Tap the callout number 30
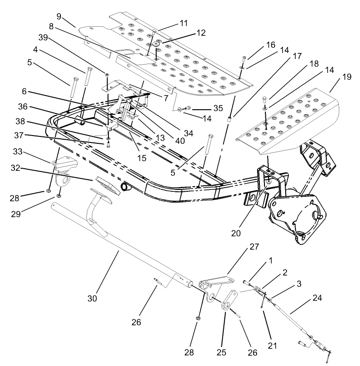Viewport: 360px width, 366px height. pyautogui.click(x=93, y=299)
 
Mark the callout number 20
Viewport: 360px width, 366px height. pyautogui.click(x=236, y=233)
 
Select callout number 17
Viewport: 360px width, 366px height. pyautogui.click(x=296, y=56)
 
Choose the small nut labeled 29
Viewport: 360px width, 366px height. pyautogui.click(x=59, y=195)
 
